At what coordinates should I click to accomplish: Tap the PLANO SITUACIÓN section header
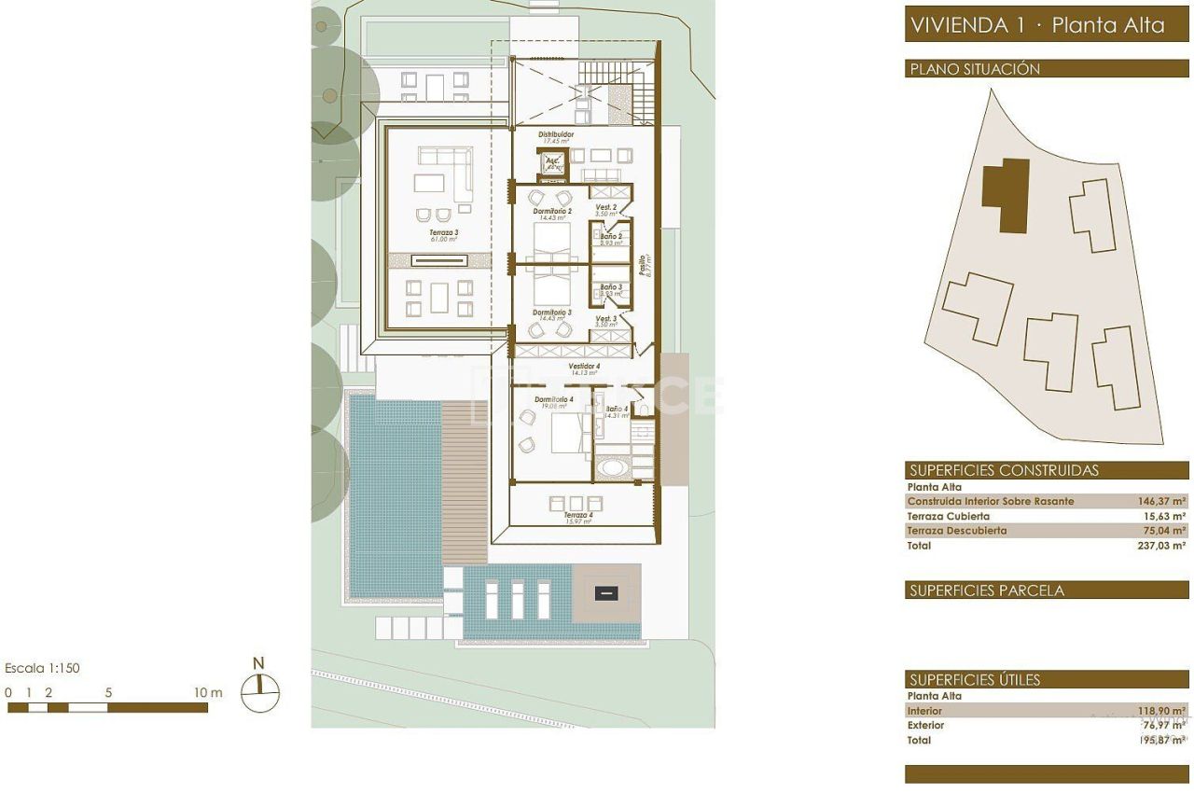[x=974, y=69]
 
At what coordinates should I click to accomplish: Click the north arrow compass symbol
[x=260, y=692]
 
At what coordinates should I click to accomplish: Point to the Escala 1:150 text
[x=42, y=668]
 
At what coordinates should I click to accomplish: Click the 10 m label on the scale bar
[x=208, y=692]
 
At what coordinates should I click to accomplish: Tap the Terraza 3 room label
[x=443, y=232]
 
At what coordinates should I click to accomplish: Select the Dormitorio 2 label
[x=552, y=212]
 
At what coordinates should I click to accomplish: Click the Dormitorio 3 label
[x=552, y=313]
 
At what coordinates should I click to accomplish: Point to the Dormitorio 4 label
[x=554, y=399]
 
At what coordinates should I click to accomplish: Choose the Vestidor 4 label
[x=585, y=367]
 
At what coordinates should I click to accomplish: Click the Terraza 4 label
[x=577, y=515]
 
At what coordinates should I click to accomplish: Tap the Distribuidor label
[x=556, y=134]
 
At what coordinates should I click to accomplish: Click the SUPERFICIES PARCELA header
[x=986, y=591]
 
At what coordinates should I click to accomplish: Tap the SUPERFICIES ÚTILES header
[x=974, y=680]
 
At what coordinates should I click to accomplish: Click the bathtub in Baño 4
[x=613, y=467]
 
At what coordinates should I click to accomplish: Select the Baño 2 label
[x=611, y=237]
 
